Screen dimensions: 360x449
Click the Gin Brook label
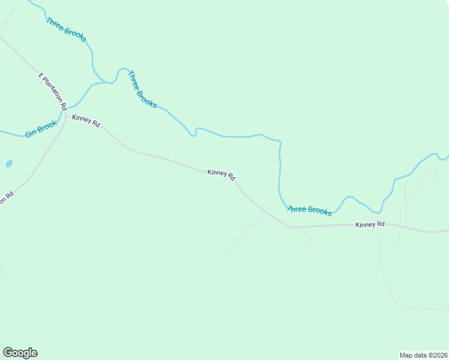tap(40, 129)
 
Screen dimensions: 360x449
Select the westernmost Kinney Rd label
tap(86, 121)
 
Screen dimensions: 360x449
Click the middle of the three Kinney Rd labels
tap(221, 175)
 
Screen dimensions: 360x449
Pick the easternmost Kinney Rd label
tap(370, 224)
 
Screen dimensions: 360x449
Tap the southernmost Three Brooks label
tap(310, 210)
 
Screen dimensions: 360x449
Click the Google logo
tap(20, 353)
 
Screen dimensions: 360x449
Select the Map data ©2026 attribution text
tap(423, 355)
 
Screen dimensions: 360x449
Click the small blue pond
tap(8, 163)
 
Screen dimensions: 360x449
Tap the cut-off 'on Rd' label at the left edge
tap(6, 198)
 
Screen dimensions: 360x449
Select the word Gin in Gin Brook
tap(31, 133)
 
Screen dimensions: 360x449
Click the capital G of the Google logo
tap(8, 353)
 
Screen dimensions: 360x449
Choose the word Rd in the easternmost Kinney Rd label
tap(380, 224)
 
